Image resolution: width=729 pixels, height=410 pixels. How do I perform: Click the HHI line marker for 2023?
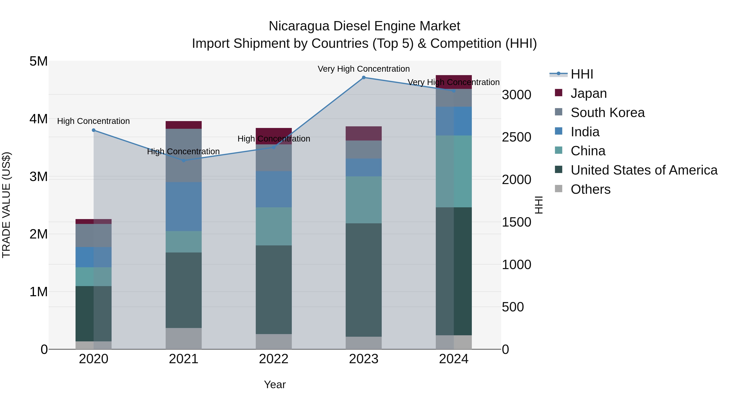point(364,77)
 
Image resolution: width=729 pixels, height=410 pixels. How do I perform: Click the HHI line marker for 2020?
point(94,130)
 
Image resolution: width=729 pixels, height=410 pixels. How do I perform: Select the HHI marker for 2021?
point(184,160)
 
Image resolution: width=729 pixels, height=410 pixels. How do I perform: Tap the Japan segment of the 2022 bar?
point(274,133)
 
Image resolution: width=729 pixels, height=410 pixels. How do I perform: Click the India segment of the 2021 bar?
point(184,206)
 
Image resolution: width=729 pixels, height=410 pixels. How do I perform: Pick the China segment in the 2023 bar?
point(364,200)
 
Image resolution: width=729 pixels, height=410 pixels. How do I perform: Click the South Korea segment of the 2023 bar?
point(364,149)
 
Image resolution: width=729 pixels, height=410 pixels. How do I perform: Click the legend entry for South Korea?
point(607,113)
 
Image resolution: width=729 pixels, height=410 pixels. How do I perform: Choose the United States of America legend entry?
point(644,170)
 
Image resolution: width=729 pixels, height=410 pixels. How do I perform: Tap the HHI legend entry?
point(582,74)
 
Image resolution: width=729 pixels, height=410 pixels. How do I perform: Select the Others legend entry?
point(590,189)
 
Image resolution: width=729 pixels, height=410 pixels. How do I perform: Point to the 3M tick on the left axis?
point(38,177)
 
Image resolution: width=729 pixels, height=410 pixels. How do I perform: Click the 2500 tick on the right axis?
point(516,137)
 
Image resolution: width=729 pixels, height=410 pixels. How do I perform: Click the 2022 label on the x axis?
point(274,359)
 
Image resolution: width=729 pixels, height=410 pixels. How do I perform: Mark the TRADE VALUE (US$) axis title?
point(6,205)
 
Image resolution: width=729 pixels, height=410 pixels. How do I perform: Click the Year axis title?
point(275,384)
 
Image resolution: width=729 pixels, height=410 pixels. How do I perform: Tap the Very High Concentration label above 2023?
point(364,69)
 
